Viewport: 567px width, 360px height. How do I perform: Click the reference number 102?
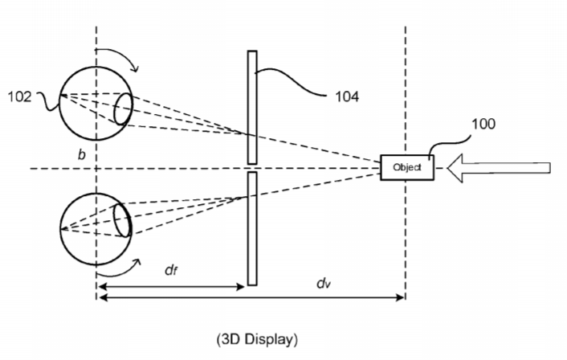click(x=19, y=96)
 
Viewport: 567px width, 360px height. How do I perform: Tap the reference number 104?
click(x=347, y=96)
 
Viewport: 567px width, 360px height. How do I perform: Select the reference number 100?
click(x=483, y=124)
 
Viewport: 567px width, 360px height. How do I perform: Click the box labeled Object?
click(x=407, y=167)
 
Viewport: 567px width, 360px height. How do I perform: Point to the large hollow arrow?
click(x=499, y=168)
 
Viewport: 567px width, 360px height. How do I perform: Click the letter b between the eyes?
click(x=82, y=154)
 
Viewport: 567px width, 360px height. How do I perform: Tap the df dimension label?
click(x=171, y=270)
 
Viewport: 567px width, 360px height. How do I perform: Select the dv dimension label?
click(x=324, y=284)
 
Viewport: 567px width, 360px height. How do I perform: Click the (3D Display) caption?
click(x=257, y=339)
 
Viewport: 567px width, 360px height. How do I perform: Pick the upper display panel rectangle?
click(x=252, y=108)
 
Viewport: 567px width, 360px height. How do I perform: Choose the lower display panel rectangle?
click(x=252, y=229)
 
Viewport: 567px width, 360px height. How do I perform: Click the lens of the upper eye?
click(x=123, y=108)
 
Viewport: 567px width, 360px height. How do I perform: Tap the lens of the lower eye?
click(x=122, y=220)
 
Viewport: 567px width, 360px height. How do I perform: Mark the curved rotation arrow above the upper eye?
click(x=123, y=55)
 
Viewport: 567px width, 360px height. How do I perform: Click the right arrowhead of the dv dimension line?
click(x=400, y=298)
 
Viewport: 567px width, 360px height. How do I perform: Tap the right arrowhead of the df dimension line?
click(x=240, y=287)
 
